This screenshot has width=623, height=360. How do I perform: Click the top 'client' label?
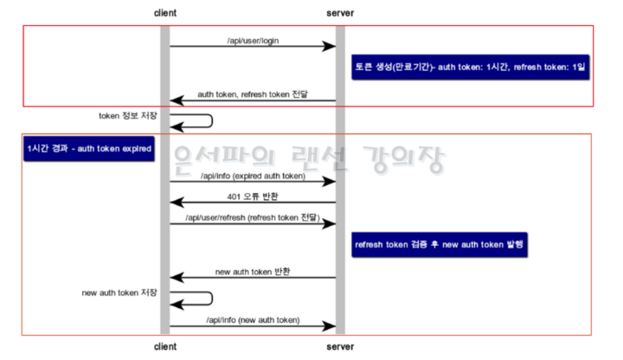pyautogui.click(x=164, y=13)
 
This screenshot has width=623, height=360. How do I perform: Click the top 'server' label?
pyautogui.click(x=340, y=13)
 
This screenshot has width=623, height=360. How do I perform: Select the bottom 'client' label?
pyautogui.click(x=164, y=347)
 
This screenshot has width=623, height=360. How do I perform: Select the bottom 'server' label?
pyautogui.click(x=340, y=347)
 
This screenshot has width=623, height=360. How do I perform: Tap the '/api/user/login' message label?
pyautogui.click(x=252, y=39)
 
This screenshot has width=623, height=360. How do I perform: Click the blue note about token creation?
pyautogui.click(x=471, y=67)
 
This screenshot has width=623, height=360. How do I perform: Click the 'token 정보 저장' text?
pyautogui.click(x=128, y=115)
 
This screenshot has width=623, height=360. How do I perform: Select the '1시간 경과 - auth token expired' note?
pyautogui.click(x=89, y=150)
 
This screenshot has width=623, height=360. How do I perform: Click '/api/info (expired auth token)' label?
pyautogui.click(x=253, y=176)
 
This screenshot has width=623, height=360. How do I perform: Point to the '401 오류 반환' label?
pyautogui.click(x=253, y=196)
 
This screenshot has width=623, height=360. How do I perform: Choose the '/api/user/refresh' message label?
pyautogui.click(x=253, y=216)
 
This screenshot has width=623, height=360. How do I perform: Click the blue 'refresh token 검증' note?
pyautogui.click(x=440, y=245)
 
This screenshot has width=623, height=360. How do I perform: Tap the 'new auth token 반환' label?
pyautogui.click(x=253, y=272)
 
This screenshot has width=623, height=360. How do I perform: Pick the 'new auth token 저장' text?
pyautogui.click(x=119, y=292)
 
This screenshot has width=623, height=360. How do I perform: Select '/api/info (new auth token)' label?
pyautogui.click(x=253, y=320)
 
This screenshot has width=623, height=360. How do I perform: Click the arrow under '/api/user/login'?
pyautogui.click(x=252, y=46)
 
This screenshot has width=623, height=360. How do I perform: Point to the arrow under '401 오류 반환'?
pyautogui.click(x=253, y=202)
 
